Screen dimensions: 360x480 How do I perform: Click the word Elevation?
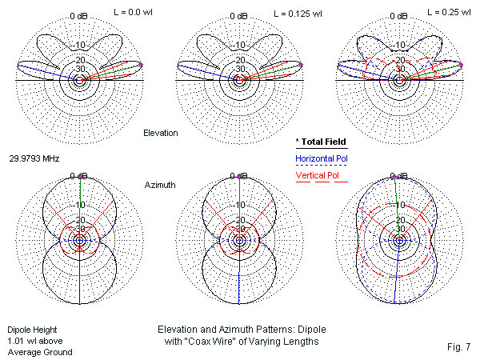click(160, 132)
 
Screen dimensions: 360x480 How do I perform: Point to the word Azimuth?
click(161, 185)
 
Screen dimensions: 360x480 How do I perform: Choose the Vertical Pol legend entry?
click(318, 175)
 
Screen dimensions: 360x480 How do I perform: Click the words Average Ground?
click(40, 352)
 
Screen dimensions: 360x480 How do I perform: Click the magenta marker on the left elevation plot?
click(142, 64)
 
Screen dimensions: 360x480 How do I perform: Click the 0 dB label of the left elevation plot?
click(78, 17)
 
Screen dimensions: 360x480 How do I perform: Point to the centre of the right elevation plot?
click(397, 80)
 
